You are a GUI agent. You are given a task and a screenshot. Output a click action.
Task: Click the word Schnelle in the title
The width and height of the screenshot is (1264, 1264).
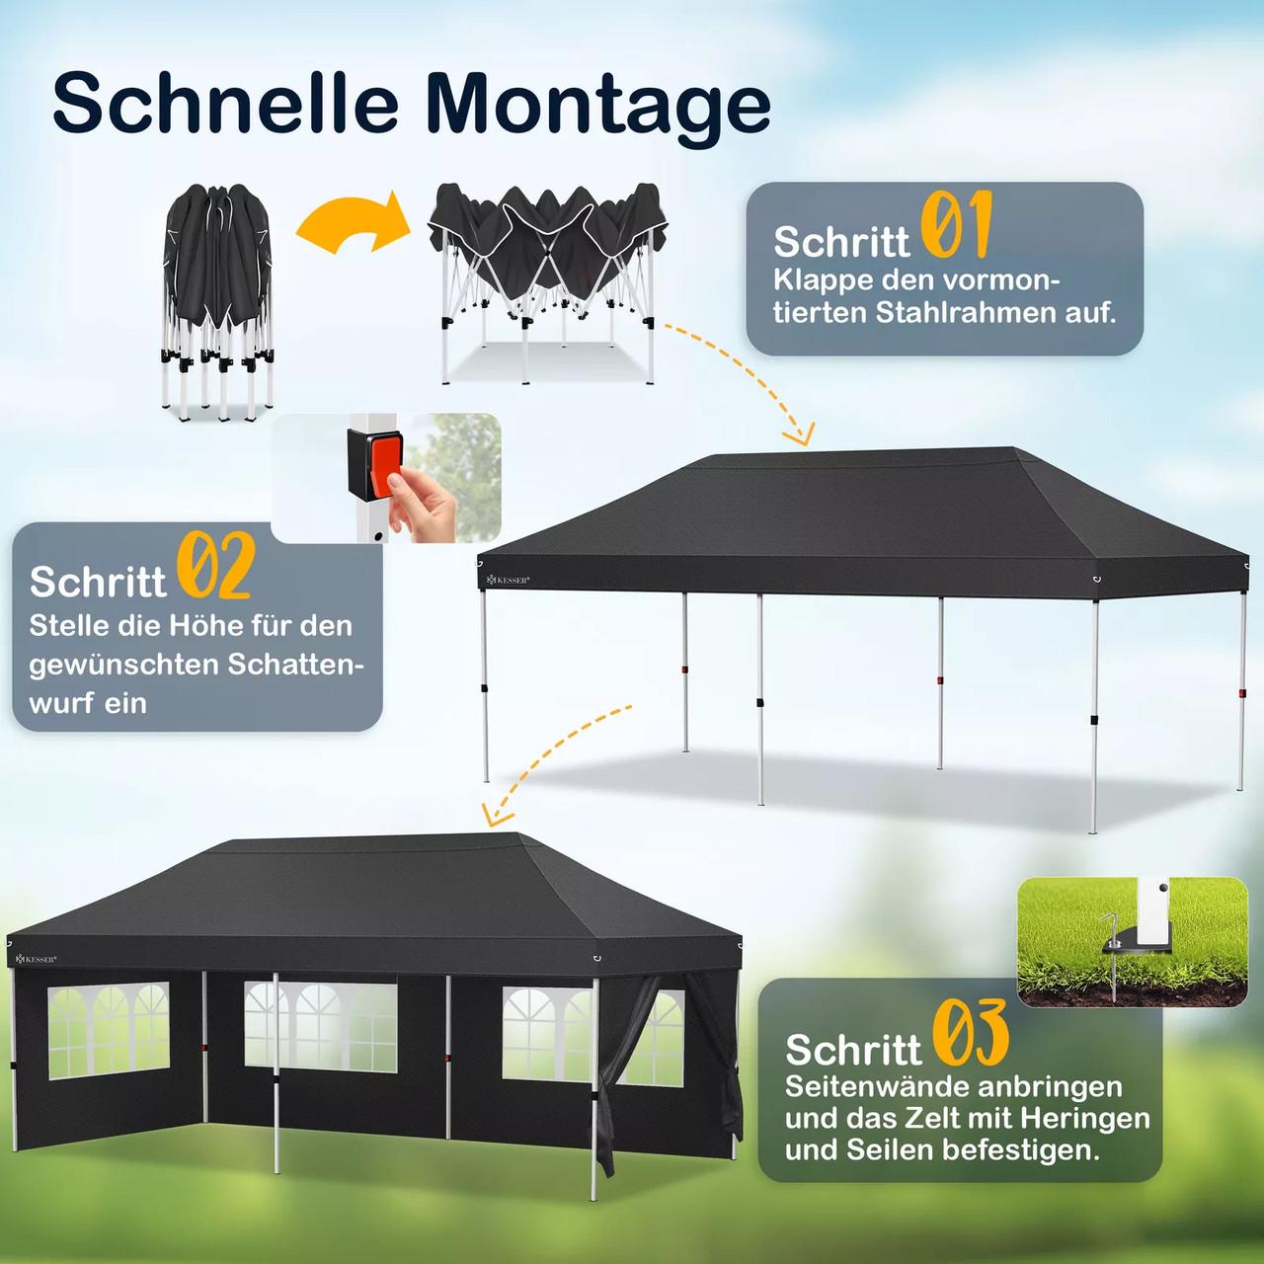[225, 102]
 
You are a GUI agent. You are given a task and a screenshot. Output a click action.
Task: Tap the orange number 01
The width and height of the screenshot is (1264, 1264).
[956, 225]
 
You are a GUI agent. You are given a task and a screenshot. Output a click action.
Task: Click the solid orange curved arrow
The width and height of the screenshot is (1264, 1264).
[353, 219]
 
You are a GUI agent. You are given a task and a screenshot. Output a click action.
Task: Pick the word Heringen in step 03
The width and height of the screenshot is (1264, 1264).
[1085, 1118]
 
